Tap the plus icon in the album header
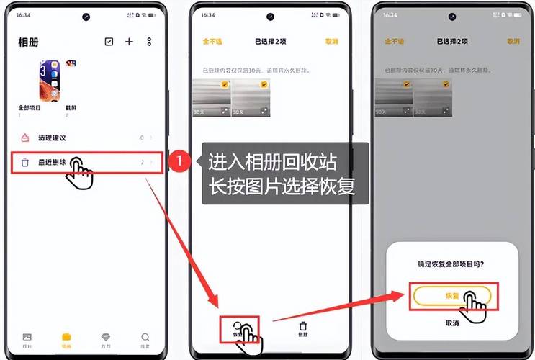click(x=129, y=42)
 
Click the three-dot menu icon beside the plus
click(x=149, y=42)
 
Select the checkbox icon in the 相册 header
click(x=109, y=42)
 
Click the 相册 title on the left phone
click(x=28, y=42)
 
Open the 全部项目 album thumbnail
click(x=49, y=81)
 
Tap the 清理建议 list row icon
click(x=25, y=138)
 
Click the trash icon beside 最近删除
click(x=25, y=163)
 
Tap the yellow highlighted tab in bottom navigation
click(x=67, y=338)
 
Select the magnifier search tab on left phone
click(x=145, y=338)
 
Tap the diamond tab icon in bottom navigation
click(x=107, y=338)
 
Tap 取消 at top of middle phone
click(x=331, y=42)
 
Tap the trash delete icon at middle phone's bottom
click(x=303, y=327)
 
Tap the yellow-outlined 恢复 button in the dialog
click(x=451, y=295)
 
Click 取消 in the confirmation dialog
click(x=451, y=323)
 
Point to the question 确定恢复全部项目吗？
click(x=451, y=264)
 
